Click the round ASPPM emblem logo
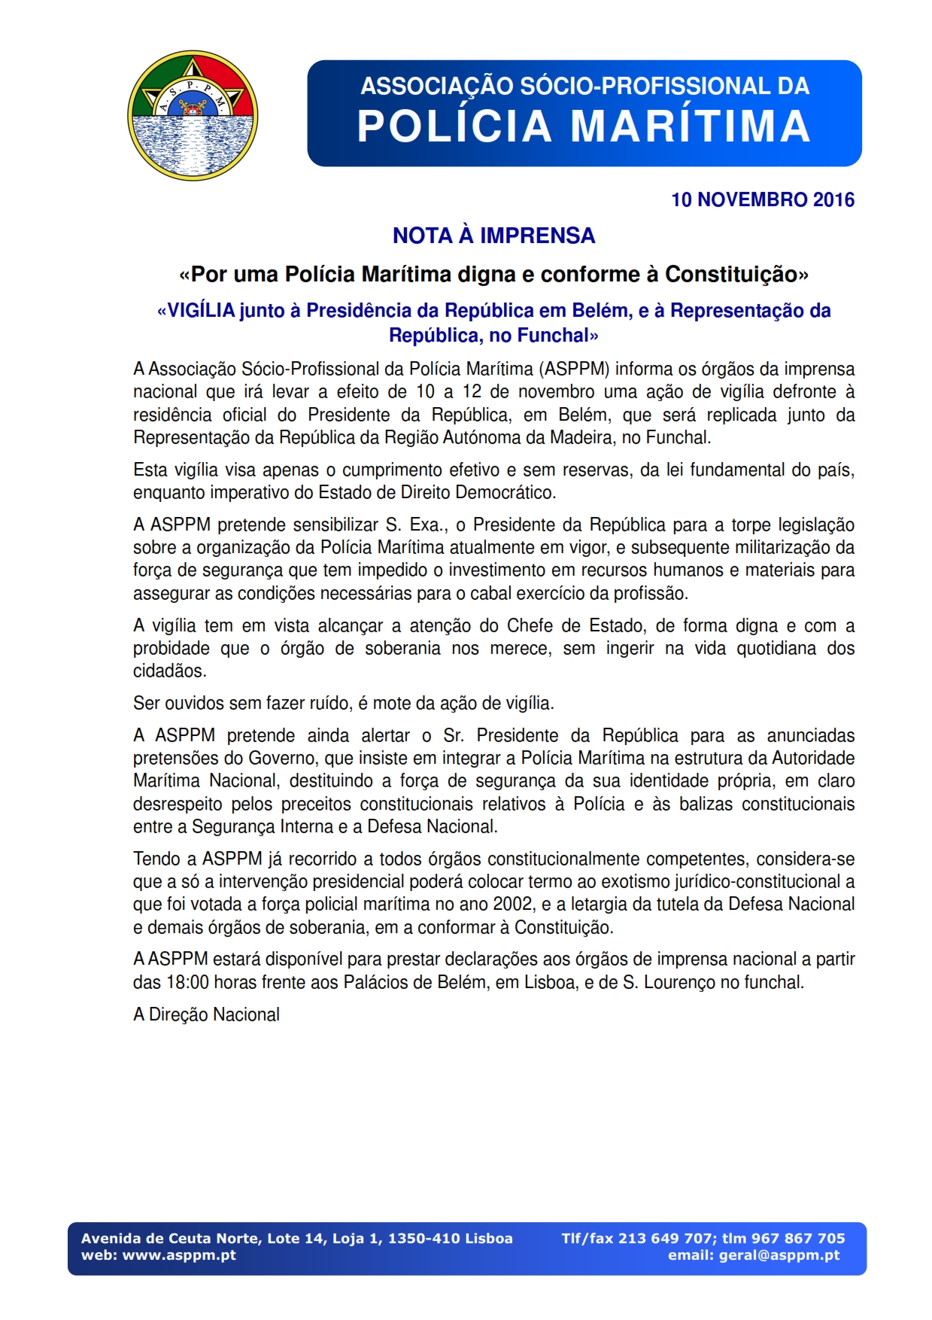[x=193, y=115]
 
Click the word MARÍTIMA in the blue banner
[x=691, y=126]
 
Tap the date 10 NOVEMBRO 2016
[x=762, y=199]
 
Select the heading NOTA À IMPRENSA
[x=493, y=236]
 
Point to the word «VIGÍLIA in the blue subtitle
[x=196, y=311]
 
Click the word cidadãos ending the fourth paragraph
[x=169, y=671]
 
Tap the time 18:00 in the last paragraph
[x=183, y=982]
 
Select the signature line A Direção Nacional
[x=206, y=1014]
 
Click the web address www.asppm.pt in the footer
[x=179, y=1255]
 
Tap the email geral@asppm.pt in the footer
[x=779, y=1255]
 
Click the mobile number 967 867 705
[x=798, y=1239]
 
